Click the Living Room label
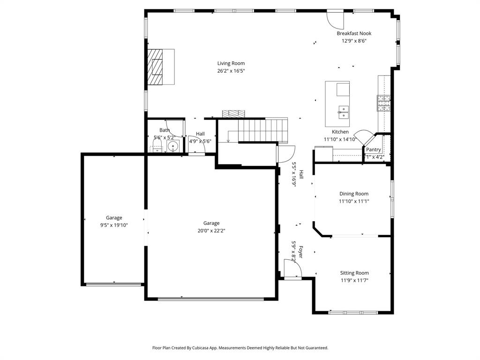click(x=231, y=63)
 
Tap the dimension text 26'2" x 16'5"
click(x=231, y=71)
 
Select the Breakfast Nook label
click(x=354, y=33)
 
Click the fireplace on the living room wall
click(x=156, y=67)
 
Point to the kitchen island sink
click(x=343, y=112)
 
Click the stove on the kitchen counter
click(x=384, y=103)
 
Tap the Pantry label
click(x=374, y=150)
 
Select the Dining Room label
click(x=354, y=194)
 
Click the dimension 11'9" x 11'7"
click(x=354, y=280)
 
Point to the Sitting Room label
click(x=354, y=273)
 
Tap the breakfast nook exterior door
click(x=335, y=19)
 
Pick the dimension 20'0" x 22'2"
click(x=211, y=231)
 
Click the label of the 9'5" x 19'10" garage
click(x=114, y=217)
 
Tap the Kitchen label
click(x=340, y=132)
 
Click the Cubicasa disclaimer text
click(x=240, y=348)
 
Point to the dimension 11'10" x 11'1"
click(x=354, y=201)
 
